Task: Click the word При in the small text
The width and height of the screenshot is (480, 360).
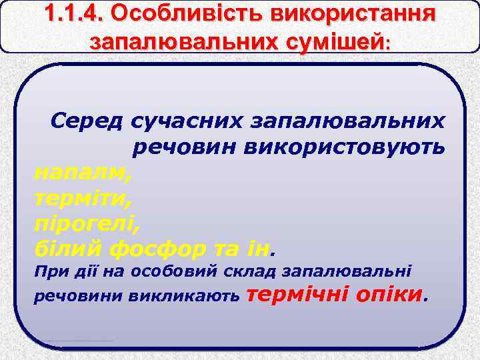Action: click(x=46, y=272)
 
